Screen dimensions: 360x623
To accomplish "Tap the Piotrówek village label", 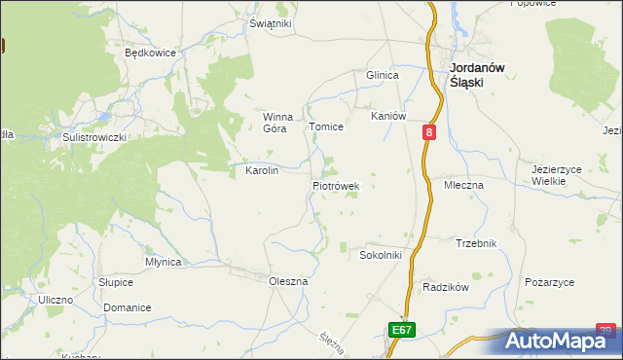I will point(336,185).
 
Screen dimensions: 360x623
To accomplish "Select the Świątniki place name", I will point(270,24).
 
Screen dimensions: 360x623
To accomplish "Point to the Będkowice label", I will point(149,54).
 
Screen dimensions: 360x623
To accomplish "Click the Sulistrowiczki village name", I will point(94,138).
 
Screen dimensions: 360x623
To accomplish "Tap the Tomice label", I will point(326,126).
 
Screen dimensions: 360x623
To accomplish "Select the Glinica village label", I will point(383,76).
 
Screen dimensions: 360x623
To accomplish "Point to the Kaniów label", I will point(387,116).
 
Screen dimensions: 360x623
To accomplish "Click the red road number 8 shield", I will point(429,131).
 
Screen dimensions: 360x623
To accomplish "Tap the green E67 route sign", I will point(403,331).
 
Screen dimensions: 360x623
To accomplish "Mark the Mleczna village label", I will point(464,185).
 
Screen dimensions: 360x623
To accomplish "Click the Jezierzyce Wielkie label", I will point(556,175).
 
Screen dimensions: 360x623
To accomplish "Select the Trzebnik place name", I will point(476,243).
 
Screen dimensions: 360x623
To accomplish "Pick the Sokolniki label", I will point(381,255).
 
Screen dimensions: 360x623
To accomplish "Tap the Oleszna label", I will point(288,281).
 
